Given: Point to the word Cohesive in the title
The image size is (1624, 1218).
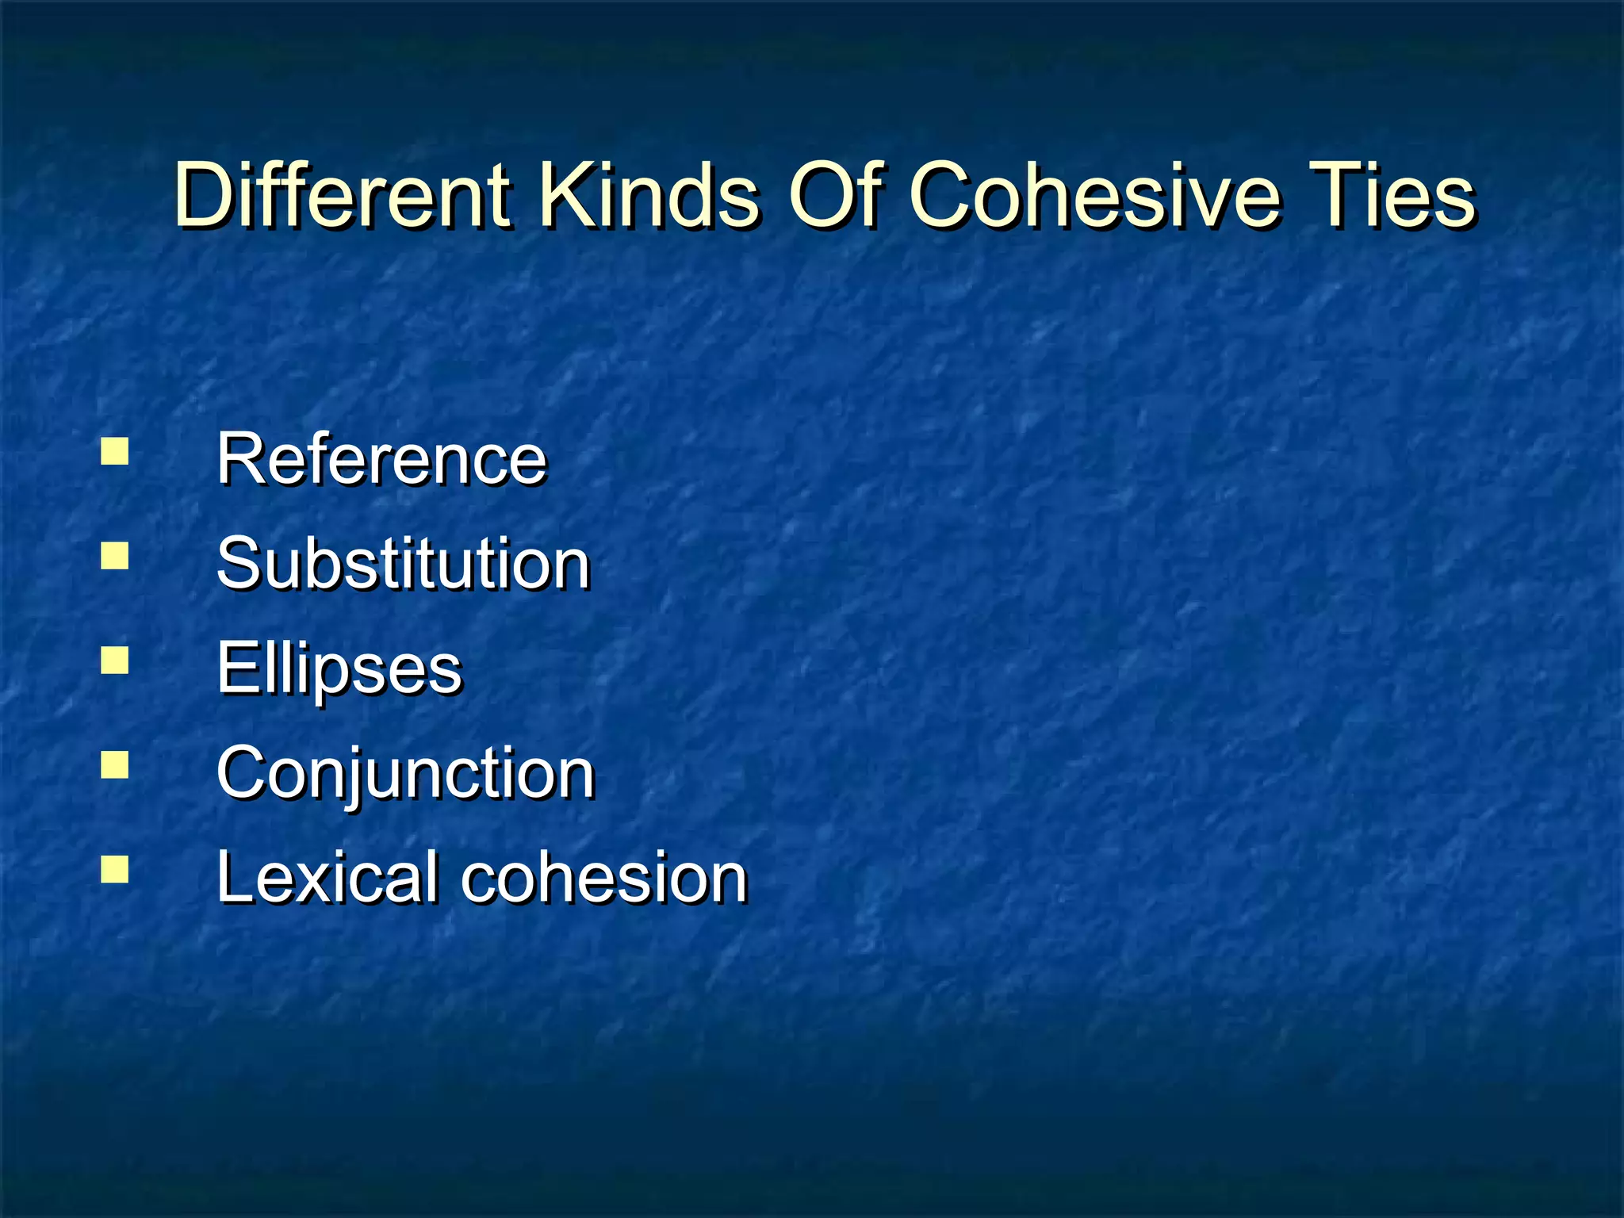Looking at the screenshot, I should pos(1094,194).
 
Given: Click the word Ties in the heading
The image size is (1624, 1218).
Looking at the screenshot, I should pos(1396,194).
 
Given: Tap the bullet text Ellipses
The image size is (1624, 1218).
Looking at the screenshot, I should pos(339,668).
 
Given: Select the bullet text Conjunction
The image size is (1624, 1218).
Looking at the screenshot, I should pos(405,773).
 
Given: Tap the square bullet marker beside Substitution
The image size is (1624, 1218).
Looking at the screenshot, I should pos(115,556).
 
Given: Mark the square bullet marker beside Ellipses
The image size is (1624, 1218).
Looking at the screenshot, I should pos(115,661).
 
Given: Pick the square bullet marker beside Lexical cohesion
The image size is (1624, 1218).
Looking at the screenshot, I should pos(115,870).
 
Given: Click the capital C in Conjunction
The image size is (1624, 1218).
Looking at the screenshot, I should pos(243,773).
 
